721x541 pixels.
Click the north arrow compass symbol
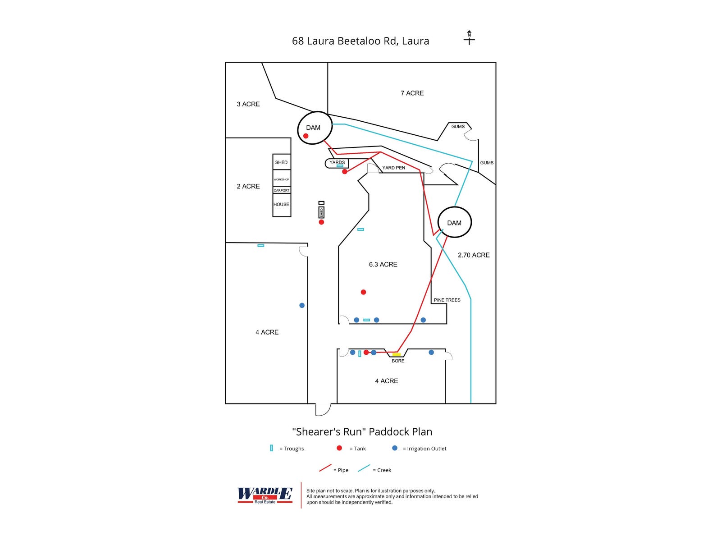[x=469, y=38]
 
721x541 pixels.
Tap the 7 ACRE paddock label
[x=412, y=93]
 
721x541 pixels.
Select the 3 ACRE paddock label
[x=248, y=104]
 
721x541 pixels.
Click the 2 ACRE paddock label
[x=248, y=186]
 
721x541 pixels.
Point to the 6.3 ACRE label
[x=383, y=265]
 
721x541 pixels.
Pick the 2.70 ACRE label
[x=474, y=255]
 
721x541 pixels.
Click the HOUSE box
[x=282, y=205]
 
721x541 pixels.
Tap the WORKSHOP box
[x=282, y=179]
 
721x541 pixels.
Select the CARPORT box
[x=282, y=190]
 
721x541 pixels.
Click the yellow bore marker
[x=397, y=355]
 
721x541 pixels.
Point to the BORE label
[x=398, y=361]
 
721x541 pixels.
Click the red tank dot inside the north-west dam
[x=306, y=136]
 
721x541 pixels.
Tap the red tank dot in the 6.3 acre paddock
[x=363, y=292]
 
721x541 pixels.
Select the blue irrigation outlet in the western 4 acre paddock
[x=302, y=305]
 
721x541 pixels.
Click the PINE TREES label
[x=447, y=300]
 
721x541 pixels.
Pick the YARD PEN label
[x=394, y=168]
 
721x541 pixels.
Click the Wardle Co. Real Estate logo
[x=265, y=495]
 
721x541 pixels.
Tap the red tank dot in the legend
[x=339, y=448]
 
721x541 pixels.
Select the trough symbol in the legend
[x=271, y=448]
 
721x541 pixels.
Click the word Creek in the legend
[x=384, y=470]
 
